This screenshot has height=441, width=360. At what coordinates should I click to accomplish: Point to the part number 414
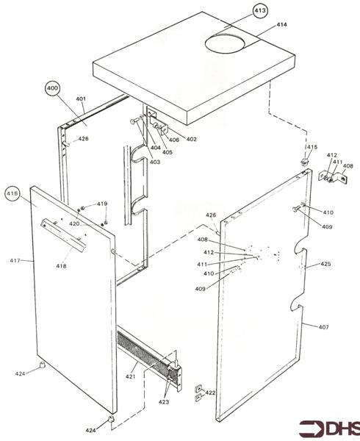pyautogui.click(x=281, y=25)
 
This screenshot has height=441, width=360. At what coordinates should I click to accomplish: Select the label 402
pyautogui.click(x=191, y=139)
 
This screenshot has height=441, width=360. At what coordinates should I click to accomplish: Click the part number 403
pyautogui.click(x=154, y=162)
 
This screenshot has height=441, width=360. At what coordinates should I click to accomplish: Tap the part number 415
pyautogui.click(x=312, y=148)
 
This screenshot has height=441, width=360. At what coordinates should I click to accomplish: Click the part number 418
pyautogui.click(x=60, y=266)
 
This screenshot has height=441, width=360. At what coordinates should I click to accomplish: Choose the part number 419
pyautogui.click(x=101, y=204)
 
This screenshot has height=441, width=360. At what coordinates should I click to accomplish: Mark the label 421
pyautogui.click(x=130, y=376)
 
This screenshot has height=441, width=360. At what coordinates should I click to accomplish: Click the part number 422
pyautogui.click(x=210, y=393)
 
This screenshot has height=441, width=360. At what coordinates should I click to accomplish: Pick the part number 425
pyautogui.click(x=325, y=264)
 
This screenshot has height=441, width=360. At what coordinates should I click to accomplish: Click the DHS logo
pyautogui.click(x=328, y=428)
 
